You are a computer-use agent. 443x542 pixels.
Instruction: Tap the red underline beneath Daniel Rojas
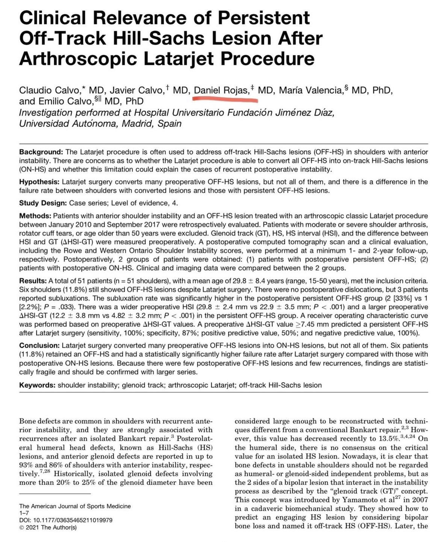(x=225, y=99)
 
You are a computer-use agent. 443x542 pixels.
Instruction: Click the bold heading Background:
(x=41, y=152)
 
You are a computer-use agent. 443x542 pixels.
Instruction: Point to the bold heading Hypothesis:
(x=40, y=182)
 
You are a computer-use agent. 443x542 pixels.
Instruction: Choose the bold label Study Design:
(x=43, y=203)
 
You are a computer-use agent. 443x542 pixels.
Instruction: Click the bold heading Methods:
(x=36, y=216)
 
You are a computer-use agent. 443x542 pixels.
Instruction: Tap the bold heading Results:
(x=33, y=281)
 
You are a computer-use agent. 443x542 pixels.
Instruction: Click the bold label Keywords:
(x=38, y=385)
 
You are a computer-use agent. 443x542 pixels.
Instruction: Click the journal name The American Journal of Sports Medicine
(x=75, y=506)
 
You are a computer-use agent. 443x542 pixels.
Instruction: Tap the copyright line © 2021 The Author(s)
(x=48, y=527)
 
